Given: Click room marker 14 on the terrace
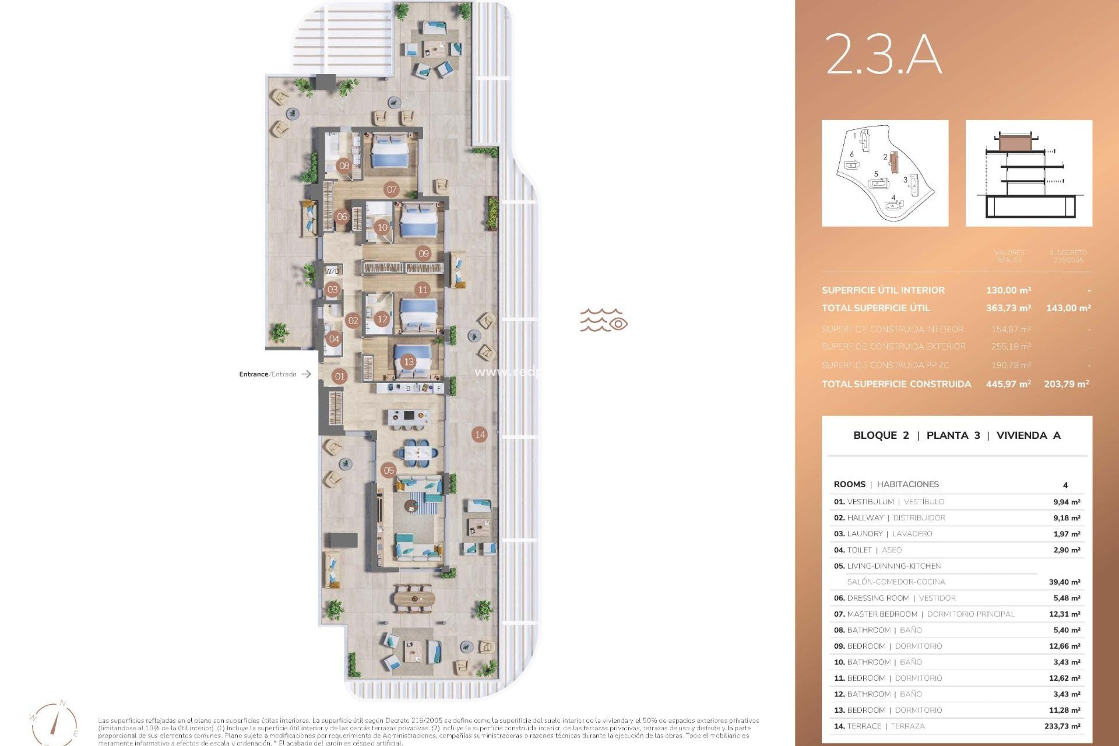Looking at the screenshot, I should [x=480, y=434].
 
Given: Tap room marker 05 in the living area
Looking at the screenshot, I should [x=389, y=470].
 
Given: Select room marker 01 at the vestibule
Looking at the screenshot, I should [x=340, y=376].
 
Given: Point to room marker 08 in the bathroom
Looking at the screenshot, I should [x=344, y=166].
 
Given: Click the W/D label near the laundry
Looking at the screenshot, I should [x=332, y=271].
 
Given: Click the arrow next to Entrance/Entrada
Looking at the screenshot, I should [x=306, y=374].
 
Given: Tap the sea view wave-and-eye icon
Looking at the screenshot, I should [x=603, y=320].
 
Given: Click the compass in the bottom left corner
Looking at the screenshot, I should [x=54, y=723].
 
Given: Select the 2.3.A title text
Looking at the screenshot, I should [x=883, y=54].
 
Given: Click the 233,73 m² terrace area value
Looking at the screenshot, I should [x=1062, y=726].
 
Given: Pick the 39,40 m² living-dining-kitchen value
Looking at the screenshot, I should [x=1064, y=582].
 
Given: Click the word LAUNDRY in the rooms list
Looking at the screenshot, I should [x=865, y=534].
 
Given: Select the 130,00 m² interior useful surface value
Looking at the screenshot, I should [x=1008, y=290].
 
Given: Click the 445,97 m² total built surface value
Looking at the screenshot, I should [x=1008, y=384].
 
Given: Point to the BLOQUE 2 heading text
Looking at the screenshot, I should [x=881, y=435].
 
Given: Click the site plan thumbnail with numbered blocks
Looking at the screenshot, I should [x=885, y=173].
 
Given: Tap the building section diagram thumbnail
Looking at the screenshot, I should [x=1029, y=173].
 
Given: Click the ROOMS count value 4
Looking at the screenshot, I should [x=1065, y=485].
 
